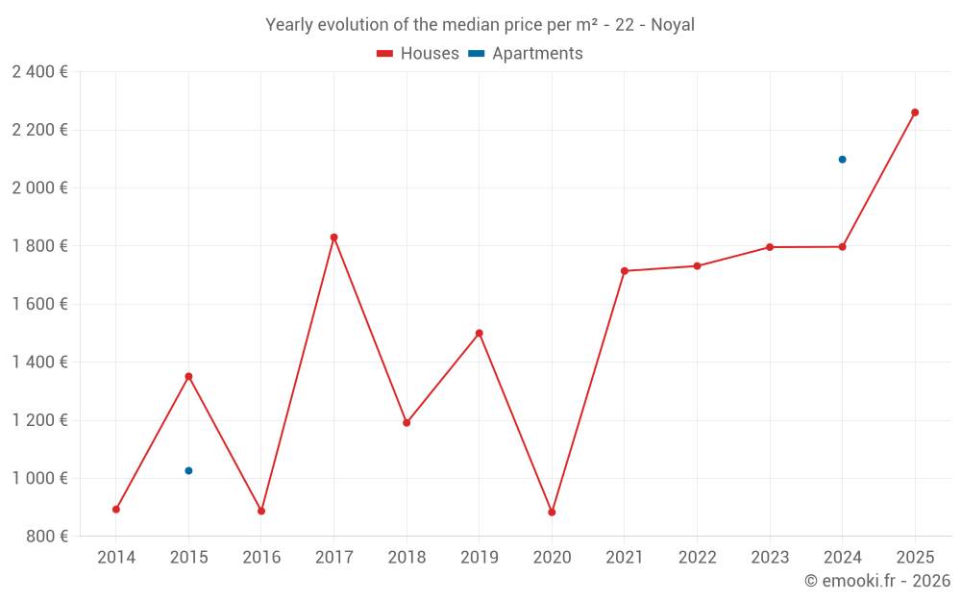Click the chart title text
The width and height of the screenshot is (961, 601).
(480, 25)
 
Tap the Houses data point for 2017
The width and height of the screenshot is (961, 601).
(333, 238)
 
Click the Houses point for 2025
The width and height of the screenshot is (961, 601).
(915, 113)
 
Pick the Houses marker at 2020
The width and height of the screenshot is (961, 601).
(552, 513)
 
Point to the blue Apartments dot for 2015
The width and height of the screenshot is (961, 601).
(188, 471)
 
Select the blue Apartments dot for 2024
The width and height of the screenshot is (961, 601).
(842, 160)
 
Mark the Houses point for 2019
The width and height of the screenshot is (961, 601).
(480, 334)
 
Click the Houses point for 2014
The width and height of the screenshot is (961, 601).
(116, 510)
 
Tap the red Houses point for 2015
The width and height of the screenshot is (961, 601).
(188, 376)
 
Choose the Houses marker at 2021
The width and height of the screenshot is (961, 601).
(625, 271)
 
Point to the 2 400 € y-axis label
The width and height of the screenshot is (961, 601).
(39, 72)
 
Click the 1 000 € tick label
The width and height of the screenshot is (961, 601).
(39, 479)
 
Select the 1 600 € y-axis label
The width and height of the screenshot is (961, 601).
(39, 305)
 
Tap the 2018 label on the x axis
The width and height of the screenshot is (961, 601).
(407, 558)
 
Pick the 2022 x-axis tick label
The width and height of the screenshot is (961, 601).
(697, 558)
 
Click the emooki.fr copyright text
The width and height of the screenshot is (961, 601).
(876, 581)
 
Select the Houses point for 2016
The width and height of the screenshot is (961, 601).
(261, 512)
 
